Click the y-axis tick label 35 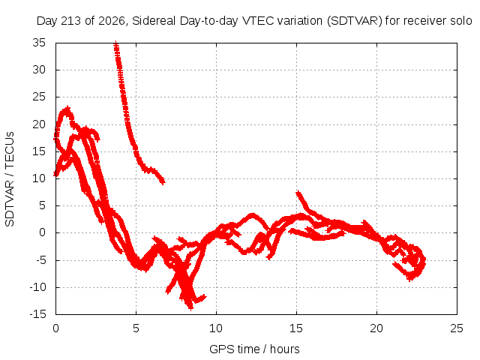pyautogui.click(x=39, y=43)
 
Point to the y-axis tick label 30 pyautogui.click(x=39, y=70)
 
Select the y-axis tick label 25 pyautogui.click(x=39, y=97)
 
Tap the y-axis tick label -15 pyautogui.click(x=37, y=314)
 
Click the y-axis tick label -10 pyautogui.click(x=37, y=287)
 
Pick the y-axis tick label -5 pyautogui.click(x=40, y=260)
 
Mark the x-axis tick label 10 pyautogui.click(x=216, y=328)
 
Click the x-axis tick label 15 pyautogui.click(x=296, y=328)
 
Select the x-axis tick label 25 pyautogui.click(x=457, y=328)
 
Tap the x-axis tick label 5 pyautogui.click(x=136, y=328)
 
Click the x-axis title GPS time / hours pyautogui.click(x=254, y=349)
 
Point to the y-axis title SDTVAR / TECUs pyautogui.click(x=10, y=179)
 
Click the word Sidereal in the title pyautogui.click(x=154, y=21)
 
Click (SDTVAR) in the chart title pyautogui.click(x=355, y=21)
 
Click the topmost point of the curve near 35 pyautogui.click(x=115, y=43)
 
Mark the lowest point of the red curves pyautogui.click(x=190, y=308)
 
